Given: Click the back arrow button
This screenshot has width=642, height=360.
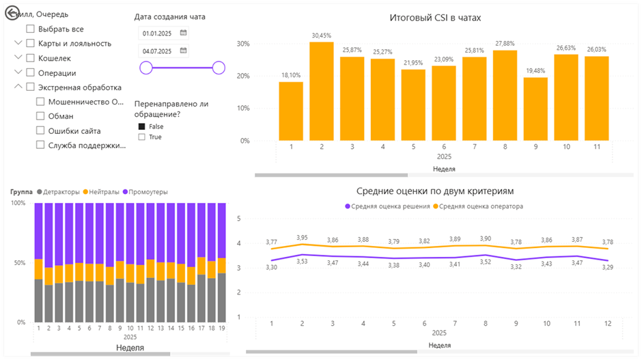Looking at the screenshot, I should tap(12, 13).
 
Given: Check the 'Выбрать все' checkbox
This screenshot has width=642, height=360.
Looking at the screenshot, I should tap(31, 29).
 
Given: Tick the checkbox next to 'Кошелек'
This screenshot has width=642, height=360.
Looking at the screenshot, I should tap(31, 58).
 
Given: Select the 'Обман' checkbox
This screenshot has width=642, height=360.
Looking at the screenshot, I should tap(40, 116).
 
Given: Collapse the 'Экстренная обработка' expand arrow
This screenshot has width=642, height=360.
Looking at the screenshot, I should tap(18, 87).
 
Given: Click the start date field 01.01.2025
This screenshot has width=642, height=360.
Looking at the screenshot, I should tap(156, 33).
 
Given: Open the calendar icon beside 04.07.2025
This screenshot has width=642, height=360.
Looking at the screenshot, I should tap(183, 51).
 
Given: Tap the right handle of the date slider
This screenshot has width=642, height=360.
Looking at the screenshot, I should tap(219, 67).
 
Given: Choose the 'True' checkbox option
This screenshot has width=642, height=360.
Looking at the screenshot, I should tap(142, 137).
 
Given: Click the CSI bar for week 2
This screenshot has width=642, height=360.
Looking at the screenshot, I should tap(321, 92).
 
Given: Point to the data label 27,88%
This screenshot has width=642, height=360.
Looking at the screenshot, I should tap(504, 44).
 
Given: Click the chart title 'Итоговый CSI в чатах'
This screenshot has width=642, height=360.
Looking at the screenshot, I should tap(435, 17).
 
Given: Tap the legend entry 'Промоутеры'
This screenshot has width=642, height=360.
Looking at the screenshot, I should tap(145, 192).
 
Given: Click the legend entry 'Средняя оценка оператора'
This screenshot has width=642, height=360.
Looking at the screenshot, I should tap(481, 206).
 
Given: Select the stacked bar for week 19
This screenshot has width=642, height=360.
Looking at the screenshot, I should tap(223, 263).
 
